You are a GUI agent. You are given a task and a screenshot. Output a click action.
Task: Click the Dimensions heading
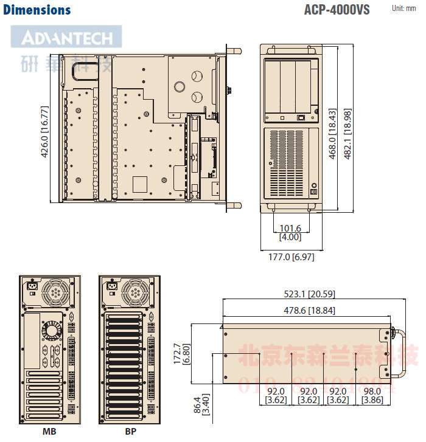(x=37, y=10)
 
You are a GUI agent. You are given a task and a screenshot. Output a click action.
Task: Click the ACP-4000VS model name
(x=337, y=10)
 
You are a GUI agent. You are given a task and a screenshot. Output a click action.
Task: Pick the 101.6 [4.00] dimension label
(x=290, y=233)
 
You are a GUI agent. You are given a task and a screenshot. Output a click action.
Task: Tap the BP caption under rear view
(x=130, y=432)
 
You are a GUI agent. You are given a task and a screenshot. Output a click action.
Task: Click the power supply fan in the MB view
(x=56, y=292)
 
